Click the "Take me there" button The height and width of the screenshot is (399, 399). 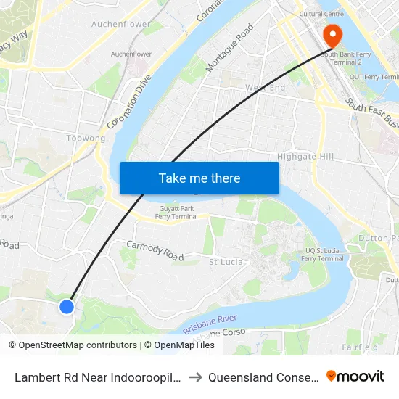click(199, 178)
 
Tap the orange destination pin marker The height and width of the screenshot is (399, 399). click(333, 35)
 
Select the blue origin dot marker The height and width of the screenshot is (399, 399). click(67, 307)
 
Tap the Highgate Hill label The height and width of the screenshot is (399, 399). click(305, 157)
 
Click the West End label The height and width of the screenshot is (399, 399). click(265, 88)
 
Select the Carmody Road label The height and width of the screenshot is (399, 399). click(155, 250)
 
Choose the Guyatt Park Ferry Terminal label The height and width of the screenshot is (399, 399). click(168, 213)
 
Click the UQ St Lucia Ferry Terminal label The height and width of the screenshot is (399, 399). click(322, 255)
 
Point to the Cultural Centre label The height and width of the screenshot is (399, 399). click(321, 14)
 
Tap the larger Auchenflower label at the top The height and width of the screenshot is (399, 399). click(120, 24)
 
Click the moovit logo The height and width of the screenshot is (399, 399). click(355, 376)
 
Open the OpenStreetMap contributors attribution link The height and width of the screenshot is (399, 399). click(78, 345)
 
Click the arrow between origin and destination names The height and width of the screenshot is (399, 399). click(195, 377)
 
